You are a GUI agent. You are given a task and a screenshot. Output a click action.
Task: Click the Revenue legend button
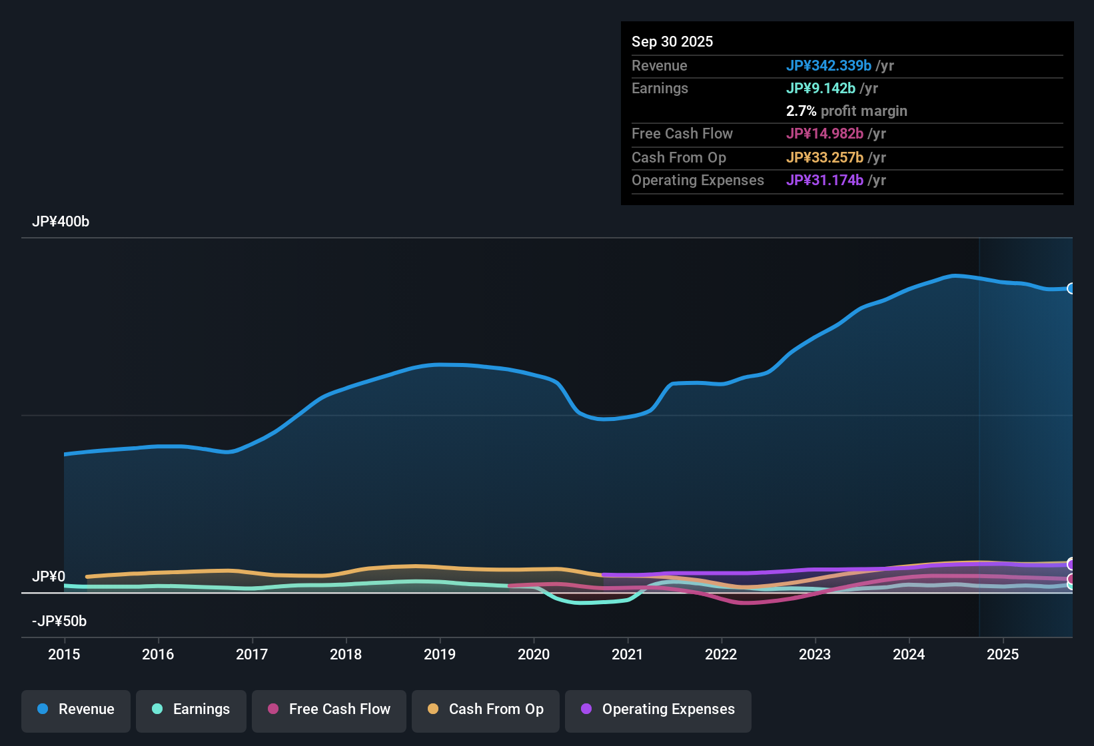76,710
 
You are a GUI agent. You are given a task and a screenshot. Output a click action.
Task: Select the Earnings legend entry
191,710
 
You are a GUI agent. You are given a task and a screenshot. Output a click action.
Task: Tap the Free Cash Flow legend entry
329,710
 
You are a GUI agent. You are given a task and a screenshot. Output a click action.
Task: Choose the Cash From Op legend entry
486,710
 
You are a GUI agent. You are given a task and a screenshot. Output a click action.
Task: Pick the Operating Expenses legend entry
658,710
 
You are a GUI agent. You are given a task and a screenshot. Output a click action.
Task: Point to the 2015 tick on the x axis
64,655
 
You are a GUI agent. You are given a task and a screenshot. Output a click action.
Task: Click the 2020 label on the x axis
534,655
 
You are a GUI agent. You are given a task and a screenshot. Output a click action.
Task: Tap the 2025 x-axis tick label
1003,655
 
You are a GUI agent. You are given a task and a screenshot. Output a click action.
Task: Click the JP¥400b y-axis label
61,222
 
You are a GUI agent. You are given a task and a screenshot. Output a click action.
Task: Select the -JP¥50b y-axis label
59,621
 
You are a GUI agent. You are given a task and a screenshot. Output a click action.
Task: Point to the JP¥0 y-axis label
49,577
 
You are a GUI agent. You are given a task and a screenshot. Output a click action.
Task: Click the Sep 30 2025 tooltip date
672,42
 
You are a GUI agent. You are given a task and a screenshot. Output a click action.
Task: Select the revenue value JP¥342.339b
829,66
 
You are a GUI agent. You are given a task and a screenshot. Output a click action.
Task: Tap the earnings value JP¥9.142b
821,89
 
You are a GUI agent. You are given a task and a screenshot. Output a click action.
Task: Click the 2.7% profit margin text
846,111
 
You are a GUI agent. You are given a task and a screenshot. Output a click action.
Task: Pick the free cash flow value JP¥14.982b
825,134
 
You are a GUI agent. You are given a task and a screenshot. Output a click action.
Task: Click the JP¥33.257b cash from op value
825,158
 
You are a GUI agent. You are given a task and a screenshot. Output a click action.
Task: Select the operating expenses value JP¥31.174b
825,181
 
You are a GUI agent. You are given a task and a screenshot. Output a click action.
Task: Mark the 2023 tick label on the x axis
815,655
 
